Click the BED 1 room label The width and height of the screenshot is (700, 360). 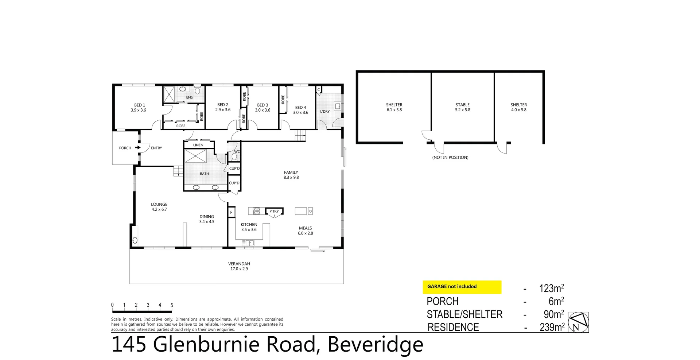[x=139, y=107]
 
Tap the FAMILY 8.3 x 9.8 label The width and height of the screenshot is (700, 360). [x=291, y=175]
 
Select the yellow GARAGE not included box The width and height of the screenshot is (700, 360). [x=462, y=287]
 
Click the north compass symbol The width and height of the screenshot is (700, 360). [x=579, y=322]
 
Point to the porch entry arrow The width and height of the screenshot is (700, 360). [x=138, y=148]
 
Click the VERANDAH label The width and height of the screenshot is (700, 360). [x=239, y=266]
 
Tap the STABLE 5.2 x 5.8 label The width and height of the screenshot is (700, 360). [x=463, y=107]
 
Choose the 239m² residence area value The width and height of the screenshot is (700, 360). [x=552, y=327]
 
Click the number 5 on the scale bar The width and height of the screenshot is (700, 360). [x=172, y=305]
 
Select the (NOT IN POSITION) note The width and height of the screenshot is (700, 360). [x=450, y=158]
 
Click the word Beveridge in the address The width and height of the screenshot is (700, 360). [x=376, y=344]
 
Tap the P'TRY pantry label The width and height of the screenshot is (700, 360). [x=274, y=211]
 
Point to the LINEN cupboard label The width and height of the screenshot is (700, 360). [x=198, y=145]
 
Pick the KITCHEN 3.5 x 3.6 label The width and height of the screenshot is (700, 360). [x=249, y=227]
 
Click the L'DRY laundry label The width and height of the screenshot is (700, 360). [x=325, y=112]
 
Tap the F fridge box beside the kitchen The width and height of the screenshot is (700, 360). [x=231, y=212]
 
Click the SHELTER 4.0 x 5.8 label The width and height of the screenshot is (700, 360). [x=519, y=107]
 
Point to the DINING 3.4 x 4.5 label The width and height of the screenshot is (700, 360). [x=207, y=219]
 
